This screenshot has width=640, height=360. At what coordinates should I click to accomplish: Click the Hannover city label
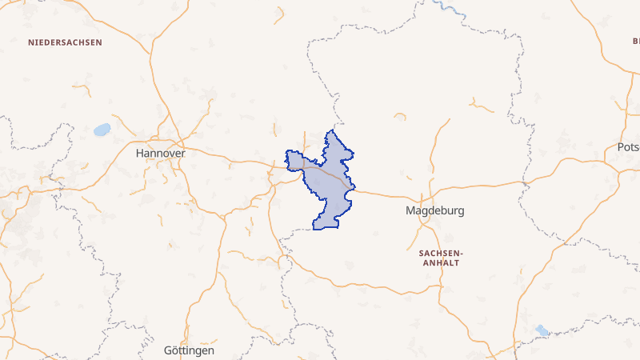point(161,152)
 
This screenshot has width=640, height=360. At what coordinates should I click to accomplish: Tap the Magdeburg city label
point(434,212)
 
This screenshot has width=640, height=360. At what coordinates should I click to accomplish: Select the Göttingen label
point(188,351)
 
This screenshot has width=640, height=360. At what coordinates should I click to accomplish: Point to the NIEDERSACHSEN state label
point(65,41)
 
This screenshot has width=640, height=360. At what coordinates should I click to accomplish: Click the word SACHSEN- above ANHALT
point(441,252)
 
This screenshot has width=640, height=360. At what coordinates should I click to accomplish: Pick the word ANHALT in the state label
point(441,262)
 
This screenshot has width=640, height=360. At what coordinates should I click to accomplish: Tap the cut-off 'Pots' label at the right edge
point(629,148)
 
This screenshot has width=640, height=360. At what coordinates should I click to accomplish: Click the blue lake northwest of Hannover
point(102,129)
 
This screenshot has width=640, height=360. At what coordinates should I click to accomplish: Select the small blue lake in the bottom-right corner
point(543,330)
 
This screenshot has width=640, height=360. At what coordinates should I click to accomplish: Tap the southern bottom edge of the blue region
point(326,228)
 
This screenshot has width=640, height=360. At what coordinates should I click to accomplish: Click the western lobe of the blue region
point(294,161)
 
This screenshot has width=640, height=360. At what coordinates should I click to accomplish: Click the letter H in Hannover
point(140,152)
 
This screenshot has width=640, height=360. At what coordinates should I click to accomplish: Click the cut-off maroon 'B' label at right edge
point(636,41)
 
